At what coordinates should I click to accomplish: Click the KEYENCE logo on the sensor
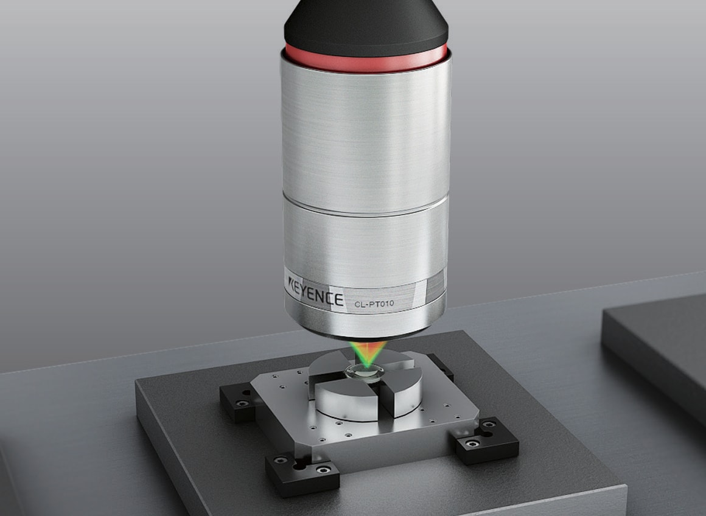click(x=316, y=293)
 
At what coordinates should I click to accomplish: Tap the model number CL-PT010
click(x=374, y=304)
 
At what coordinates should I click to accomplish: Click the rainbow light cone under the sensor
click(x=368, y=354)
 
